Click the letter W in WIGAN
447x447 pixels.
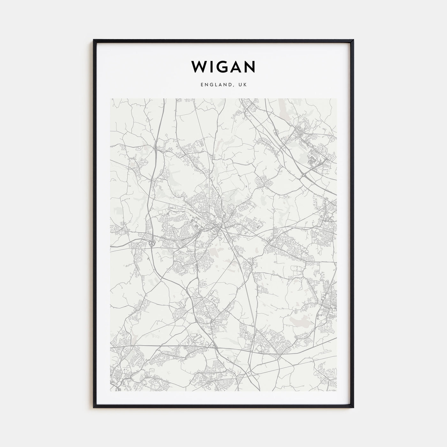coord(198,67)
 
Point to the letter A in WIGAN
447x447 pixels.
coord(236,67)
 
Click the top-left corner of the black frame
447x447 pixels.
coord(94,40)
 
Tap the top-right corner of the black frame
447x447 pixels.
coord(353,40)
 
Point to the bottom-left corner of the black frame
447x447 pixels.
coord(94,408)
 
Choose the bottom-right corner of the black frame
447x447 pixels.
coord(353,408)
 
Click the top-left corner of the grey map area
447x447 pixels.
coord(110,99)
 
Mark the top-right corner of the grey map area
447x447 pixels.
coord(337,99)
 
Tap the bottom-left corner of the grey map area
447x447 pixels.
coord(110,391)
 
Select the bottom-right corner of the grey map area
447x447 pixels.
coord(337,391)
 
